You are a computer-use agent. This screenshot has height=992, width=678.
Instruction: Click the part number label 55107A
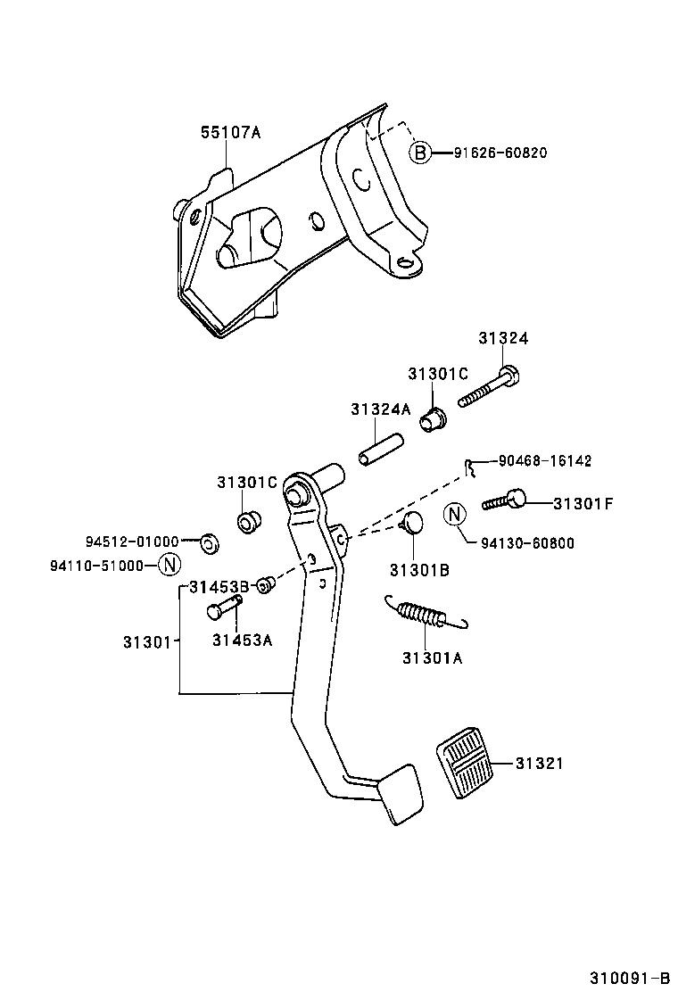[229, 132]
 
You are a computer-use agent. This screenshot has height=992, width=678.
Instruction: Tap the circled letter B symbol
[420, 153]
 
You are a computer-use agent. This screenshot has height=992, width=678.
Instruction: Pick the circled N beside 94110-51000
[169, 565]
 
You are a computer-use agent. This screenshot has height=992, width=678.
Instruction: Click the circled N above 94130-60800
[455, 514]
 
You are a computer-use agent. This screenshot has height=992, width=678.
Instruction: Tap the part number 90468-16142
[544, 461]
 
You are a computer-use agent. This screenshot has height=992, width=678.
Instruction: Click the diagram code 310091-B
[628, 975]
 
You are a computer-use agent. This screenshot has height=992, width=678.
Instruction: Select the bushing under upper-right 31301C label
[434, 417]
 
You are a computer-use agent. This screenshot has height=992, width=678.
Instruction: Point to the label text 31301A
[432, 658]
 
